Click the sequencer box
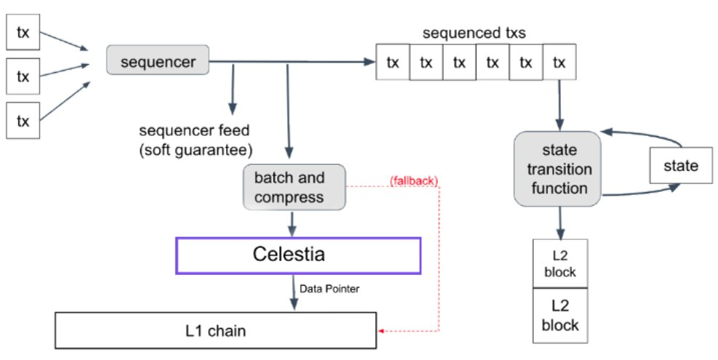coord(158,60)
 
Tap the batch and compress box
coord(294,188)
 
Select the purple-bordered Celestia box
coord(298,255)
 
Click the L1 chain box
coord(215,330)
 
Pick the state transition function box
coord(557,169)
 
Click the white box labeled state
coord(681,165)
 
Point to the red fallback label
coord(414,180)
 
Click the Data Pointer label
coord(330,289)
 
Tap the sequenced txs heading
coord(474,33)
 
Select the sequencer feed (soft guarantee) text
coord(196,140)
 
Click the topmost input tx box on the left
coord(23,32)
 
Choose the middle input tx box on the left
coord(23,76)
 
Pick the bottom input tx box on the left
coord(23,121)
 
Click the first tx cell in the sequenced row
coord(392,62)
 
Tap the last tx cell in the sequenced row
coord(559,62)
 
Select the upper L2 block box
coord(560,263)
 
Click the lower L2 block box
coord(560,316)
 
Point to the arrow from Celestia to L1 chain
coord(294,292)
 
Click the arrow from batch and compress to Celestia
coord(292,223)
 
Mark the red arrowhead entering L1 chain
coord(380,331)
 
